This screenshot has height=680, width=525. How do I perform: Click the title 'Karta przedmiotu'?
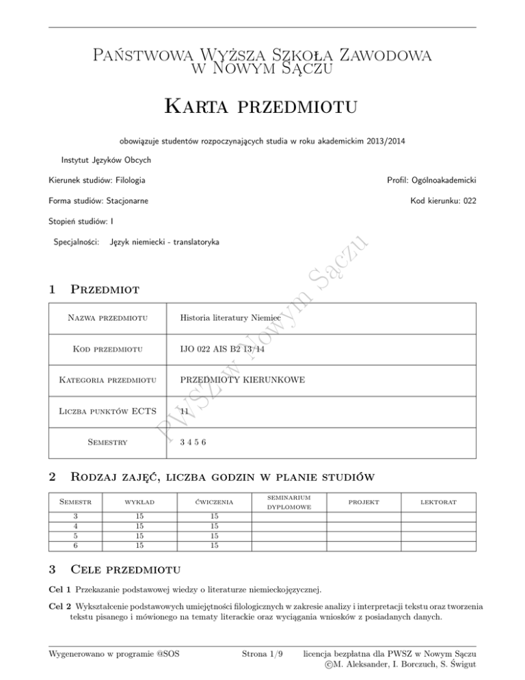(x=262, y=107)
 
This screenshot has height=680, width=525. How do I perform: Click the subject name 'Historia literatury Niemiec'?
(x=231, y=317)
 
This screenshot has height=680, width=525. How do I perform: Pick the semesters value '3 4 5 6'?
(x=192, y=442)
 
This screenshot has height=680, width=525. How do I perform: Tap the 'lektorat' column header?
(x=438, y=503)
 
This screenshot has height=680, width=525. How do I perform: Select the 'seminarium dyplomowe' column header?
(x=288, y=503)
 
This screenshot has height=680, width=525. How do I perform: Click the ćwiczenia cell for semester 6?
(x=214, y=545)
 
